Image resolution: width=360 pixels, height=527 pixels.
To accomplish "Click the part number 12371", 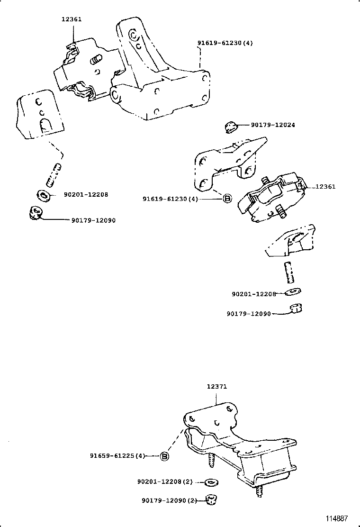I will pyautogui.click(x=216, y=386).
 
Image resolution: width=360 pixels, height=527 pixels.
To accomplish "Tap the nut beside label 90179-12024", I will pyautogui.click(x=230, y=126).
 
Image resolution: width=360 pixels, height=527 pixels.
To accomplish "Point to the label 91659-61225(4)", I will pyautogui.click(x=117, y=456).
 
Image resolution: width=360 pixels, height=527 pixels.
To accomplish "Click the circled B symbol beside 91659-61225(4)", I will pyautogui.click(x=164, y=456).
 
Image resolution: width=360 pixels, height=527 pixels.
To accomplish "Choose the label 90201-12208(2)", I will pyautogui.click(x=165, y=482).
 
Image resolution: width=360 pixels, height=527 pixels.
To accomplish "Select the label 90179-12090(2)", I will pyautogui.click(x=169, y=500).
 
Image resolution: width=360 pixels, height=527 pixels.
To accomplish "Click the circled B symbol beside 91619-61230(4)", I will pyautogui.click(x=227, y=199).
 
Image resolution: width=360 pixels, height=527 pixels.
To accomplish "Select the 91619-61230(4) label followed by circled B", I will pyautogui.click(x=170, y=199).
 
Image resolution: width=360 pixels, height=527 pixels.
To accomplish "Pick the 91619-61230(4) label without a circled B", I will pyautogui.click(x=225, y=43).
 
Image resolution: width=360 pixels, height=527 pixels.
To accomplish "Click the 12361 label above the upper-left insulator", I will pyautogui.click(x=71, y=19).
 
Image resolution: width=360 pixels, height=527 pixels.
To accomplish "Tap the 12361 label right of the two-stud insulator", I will pyautogui.click(x=325, y=187).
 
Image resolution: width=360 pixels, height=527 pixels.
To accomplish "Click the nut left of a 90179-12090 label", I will pyautogui.click(x=35, y=213).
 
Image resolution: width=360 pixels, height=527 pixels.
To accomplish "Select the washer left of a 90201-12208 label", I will pyautogui.click(x=42, y=194).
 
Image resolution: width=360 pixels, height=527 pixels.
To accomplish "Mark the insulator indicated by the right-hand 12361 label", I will pyautogui.click(x=272, y=197).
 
